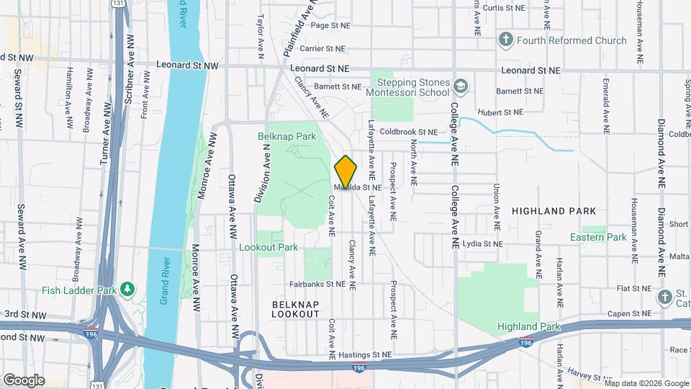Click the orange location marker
pyautogui.click(x=346, y=173)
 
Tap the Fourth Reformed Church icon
pyautogui.click(x=506, y=40)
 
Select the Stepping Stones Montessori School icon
pyautogui.click(x=460, y=87)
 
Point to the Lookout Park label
pyautogui.click(x=268, y=247)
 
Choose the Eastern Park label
pyautogui.click(x=597, y=237)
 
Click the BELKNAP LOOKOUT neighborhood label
pyautogui.click(x=296, y=309)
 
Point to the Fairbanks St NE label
pyautogui.click(x=318, y=284)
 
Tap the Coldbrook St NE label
pyautogui.click(x=408, y=132)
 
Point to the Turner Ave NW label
pyautogui.click(x=105, y=133)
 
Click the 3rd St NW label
pyautogui.click(x=24, y=315)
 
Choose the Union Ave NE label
pyautogui.click(x=497, y=201)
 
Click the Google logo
pyautogui.click(x=24, y=380)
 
